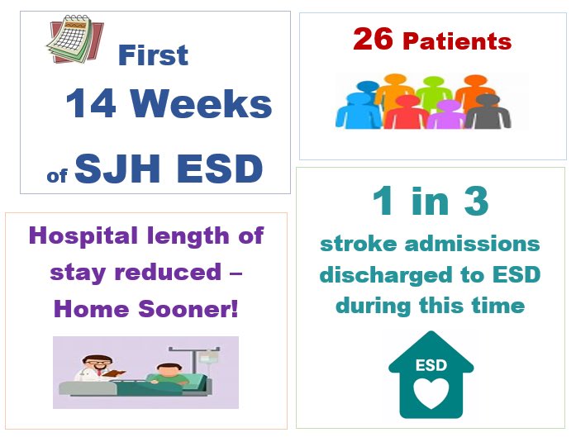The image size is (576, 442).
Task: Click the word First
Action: pos(153,55)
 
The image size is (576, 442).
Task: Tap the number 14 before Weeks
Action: pos(93,105)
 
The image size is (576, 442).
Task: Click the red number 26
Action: pos(373,39)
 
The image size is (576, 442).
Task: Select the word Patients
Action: pos(457,40)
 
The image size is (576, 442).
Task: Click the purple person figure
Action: pos(448,114)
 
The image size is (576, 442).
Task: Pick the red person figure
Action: pos(407,112)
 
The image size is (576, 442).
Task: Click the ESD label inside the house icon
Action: pos(431,364)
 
